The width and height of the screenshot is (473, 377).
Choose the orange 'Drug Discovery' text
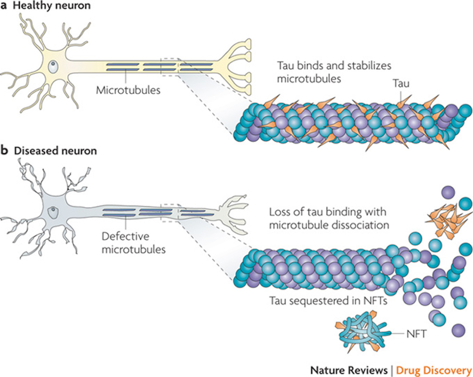(x=434, y=368)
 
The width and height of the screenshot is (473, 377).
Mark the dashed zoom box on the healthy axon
(x=169, y=66)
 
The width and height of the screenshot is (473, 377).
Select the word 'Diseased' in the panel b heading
(x=32, y=151)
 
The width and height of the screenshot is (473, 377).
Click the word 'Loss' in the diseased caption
(x=279, y=212)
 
